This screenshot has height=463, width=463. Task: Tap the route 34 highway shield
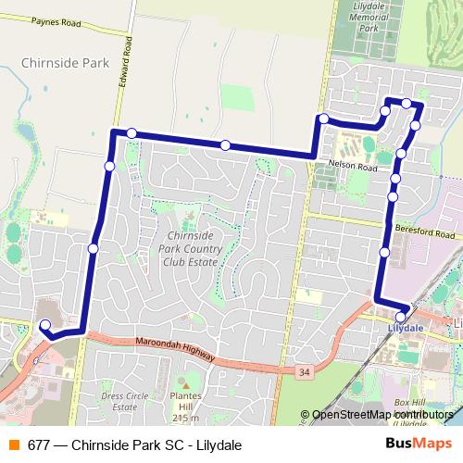click(x=303, y=371)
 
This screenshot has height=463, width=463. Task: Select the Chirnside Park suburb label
click(x=64, y=64)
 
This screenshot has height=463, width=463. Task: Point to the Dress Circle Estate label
click(x=124, y=401)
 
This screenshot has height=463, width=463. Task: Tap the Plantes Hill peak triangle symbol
click(x=185, y=383)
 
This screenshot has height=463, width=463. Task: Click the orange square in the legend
click(x=12, y=444)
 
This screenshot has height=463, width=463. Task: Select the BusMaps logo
click(x=412, y=444)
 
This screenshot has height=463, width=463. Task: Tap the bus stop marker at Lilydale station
click(x=400, y=317)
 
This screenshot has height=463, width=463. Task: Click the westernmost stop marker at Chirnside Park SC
click(x=44, y=325)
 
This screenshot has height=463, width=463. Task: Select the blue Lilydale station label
click(x=405, y=328)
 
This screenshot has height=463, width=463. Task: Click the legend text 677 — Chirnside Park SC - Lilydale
click(x=134, y=444)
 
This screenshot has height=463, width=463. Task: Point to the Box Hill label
click(x=408, y=404)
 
